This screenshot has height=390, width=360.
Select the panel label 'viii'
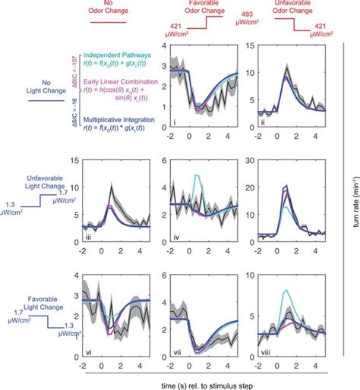266,351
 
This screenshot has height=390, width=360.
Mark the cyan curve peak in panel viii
285,290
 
